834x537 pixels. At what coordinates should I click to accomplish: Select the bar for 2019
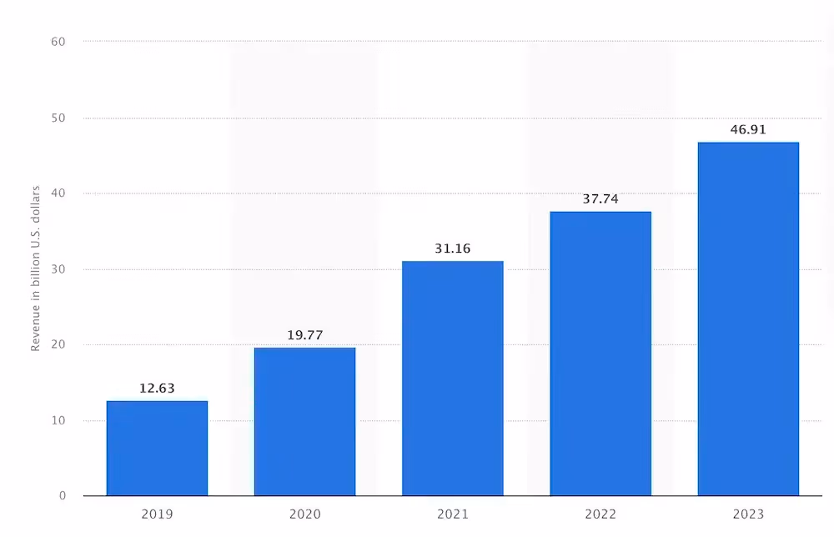tap(157, 448)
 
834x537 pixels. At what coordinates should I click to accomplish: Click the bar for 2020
tap(304, 421)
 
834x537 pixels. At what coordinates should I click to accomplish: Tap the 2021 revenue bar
tap(452, 379)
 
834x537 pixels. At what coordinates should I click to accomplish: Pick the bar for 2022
tap(600, 354)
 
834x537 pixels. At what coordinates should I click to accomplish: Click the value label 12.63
tap(157, 389)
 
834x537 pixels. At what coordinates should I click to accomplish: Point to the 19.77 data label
tap(304, 335)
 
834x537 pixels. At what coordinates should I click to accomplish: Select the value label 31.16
tap(452, 248)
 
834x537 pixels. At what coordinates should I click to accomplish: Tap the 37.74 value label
tap(600, 199)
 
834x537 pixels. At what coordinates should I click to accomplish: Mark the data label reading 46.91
tap(748, 130)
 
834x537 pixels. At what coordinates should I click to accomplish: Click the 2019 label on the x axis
tap(157, 514)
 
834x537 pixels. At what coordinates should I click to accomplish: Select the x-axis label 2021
tap(452, 514)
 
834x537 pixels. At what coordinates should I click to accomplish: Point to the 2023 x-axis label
tap(748, 514)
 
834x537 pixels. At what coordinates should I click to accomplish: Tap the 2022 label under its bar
tap(600, 514)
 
